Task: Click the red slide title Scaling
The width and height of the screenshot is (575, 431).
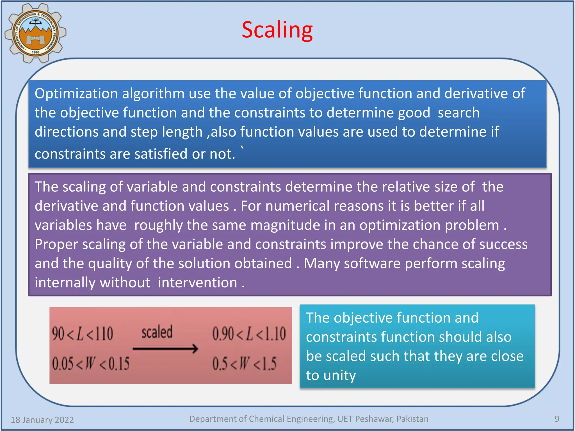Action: pyautogui.click(x=277, y=30)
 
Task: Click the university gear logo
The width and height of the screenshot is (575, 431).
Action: pyautogui.click(x=35, y=33)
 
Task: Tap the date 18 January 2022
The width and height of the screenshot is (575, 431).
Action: pyautogui.click(x=42, y=419)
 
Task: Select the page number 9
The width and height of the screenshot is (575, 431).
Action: pyautogui.click(x=557, y=419)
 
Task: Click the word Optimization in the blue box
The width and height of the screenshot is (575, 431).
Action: pyautogui.click(x=76, y=94)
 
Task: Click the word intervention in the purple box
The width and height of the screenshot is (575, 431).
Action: pyautogui.click(x=197, y=283)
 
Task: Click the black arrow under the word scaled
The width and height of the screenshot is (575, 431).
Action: pyautogui.click(x=165, y=349)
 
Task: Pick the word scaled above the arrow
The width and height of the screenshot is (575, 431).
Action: pyautogui.click(x=157, y=332)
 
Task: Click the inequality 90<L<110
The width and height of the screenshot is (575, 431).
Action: pyautogui.click(x=83, y=334)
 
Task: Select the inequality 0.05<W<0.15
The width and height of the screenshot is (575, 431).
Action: pyautogui.click(x=91, y=364)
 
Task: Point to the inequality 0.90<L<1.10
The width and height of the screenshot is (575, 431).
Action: pyautogui.click(x=249, y=334)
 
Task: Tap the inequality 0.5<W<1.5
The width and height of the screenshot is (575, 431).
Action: pyautogui.click(x=244, y=364)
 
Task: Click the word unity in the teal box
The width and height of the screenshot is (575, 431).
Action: pyautogui.click(x=339, y=375)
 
